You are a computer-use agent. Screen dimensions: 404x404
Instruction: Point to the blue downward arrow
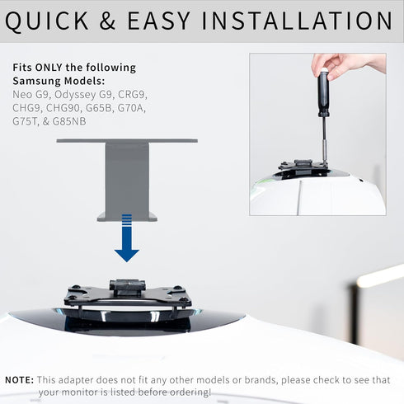pyautogui.click(x=126, y=238)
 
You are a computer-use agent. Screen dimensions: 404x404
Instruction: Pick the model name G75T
pyautogui.click(x=26, y=120)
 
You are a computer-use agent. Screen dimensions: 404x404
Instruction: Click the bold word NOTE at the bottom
pyautogui.click(x=19, y=379)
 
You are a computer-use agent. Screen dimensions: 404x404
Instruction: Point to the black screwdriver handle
pyautogui.click(x=323, y=92)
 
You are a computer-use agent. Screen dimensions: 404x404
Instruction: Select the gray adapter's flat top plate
pyautogui.click(x=127, y=141)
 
